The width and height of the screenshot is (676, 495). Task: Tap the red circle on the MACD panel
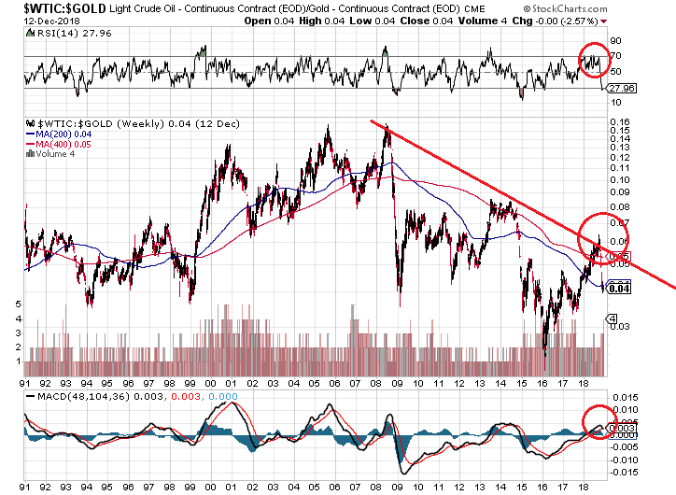pyautogui.click(x=599, y=424)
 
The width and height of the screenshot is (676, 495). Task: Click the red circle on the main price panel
pyautogui.click(x=604, y=234)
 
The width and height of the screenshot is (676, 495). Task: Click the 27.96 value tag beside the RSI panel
pyautogui.click(x=620, y=89)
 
